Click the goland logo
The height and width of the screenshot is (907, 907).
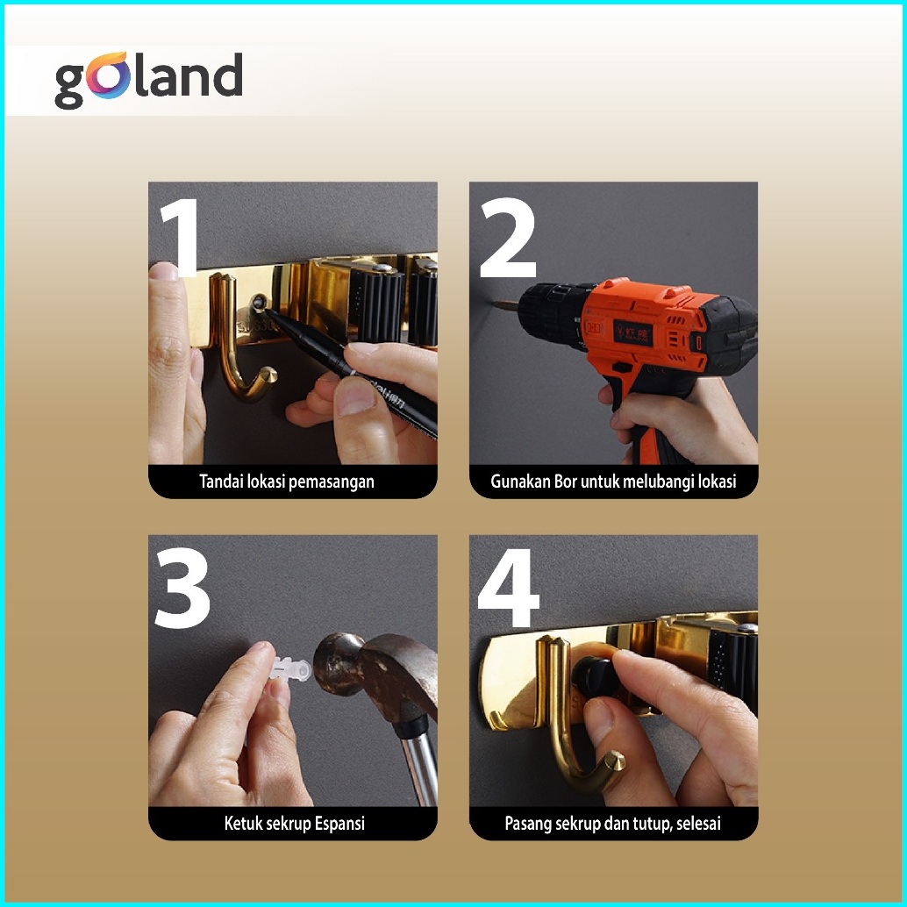148,79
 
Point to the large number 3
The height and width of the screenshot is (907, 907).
182,588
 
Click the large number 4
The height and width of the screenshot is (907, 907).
509,588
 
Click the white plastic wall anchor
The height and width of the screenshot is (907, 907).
290,671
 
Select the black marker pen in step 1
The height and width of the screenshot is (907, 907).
353,369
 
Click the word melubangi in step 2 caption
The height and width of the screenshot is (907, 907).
665,482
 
